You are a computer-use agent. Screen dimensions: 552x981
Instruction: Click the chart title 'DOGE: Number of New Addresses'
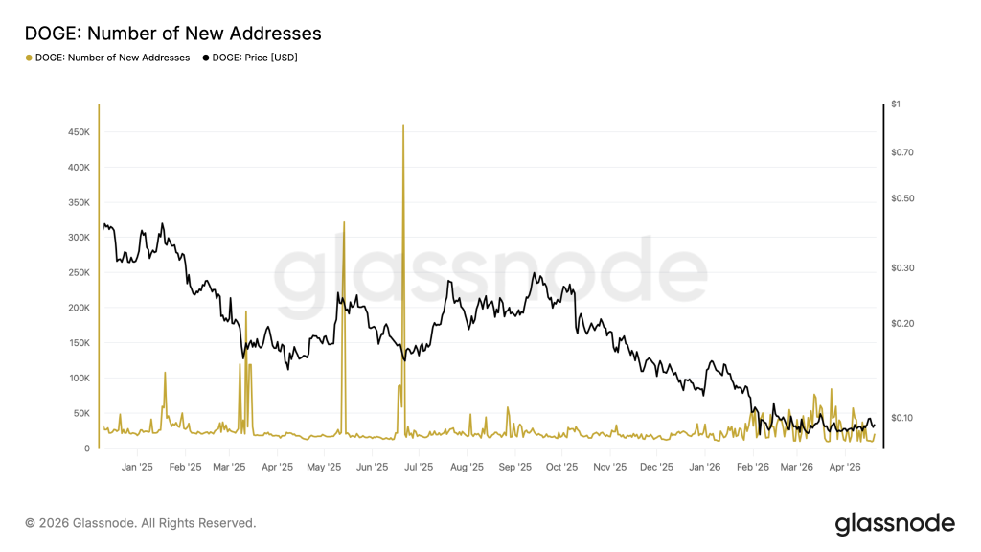tap(172, 34)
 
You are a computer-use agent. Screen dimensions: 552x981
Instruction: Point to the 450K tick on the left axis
tap(78, 132)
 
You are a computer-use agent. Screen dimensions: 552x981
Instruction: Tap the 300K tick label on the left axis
tap(78, 238)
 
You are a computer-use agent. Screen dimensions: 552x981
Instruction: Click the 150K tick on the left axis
tap(78, 343)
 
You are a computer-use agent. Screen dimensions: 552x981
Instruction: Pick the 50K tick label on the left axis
tap(80, 413)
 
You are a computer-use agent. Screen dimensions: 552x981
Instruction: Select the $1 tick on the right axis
tap(897, 103)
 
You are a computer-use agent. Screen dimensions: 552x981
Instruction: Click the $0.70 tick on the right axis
tap(904, 152)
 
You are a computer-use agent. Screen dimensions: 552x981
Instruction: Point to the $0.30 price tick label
tap(904, 268)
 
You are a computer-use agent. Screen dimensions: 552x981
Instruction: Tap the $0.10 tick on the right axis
tap(904, 418)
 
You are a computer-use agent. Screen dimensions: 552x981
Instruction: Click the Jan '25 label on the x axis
tap(138, 468)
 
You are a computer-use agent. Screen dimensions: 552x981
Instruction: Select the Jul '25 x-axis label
tap(419, 468)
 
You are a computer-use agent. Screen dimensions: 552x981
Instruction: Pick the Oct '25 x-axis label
tap(561, 468)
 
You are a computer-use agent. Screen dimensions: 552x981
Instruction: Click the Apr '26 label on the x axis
tap(844, 468)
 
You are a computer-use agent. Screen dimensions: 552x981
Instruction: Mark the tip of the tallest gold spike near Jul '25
tap(403, 126)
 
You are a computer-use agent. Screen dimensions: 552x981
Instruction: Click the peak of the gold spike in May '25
tap(343, 222)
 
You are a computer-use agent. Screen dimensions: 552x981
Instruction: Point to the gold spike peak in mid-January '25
tap(165, 373)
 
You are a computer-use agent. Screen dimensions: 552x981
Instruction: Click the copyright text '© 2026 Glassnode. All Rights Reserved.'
tap(141, 523)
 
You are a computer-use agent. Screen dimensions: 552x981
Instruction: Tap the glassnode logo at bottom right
tap(895, 523)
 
